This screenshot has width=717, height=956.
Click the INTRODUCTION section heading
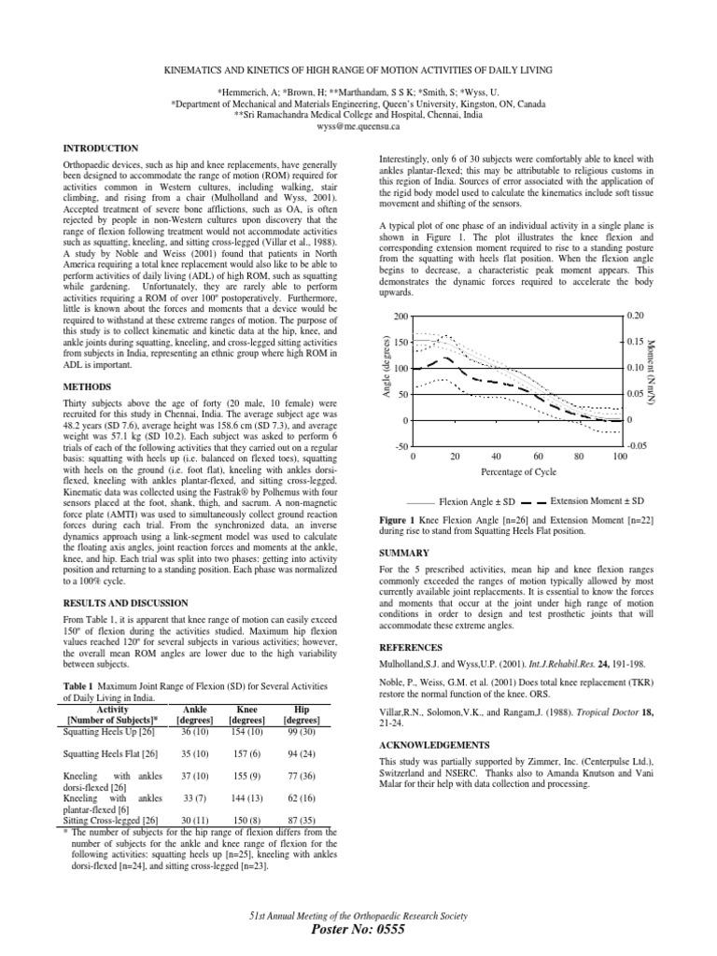[100, 148]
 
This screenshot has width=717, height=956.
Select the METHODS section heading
[86, 387]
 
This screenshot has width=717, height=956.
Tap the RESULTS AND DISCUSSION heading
[124, 603]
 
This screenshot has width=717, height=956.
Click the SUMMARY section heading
[404, 553]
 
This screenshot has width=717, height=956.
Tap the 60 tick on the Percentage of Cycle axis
[538, 457]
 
